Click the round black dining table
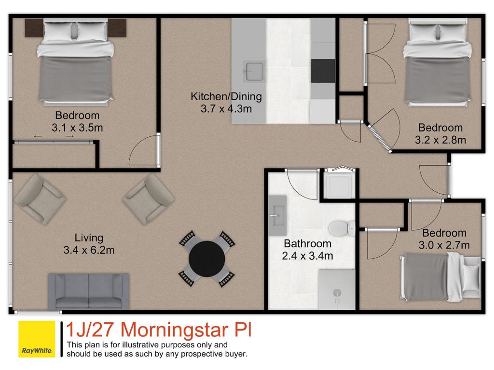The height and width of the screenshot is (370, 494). click(206, 259)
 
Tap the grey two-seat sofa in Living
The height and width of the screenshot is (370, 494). click(89, 291)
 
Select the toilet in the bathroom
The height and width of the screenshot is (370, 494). click(342, 228)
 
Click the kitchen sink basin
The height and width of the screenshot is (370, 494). click(253, 72)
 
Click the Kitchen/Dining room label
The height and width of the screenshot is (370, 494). click(226, 96)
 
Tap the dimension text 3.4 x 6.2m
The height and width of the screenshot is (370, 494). click(89, 250)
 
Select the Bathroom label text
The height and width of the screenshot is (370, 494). click(307, 243)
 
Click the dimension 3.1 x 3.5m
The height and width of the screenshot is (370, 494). click(77, 128)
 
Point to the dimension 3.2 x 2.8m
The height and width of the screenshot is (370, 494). click(440, 140)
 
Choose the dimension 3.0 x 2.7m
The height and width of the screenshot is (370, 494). click(444, 245)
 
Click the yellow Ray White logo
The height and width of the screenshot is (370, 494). click(37, 339)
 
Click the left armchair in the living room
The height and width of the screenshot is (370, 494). click(40, 199)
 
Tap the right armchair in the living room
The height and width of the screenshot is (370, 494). click(149, 199)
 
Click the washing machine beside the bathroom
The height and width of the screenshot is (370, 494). click(339, 185)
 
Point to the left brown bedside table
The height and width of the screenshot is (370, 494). click(34, 27)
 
